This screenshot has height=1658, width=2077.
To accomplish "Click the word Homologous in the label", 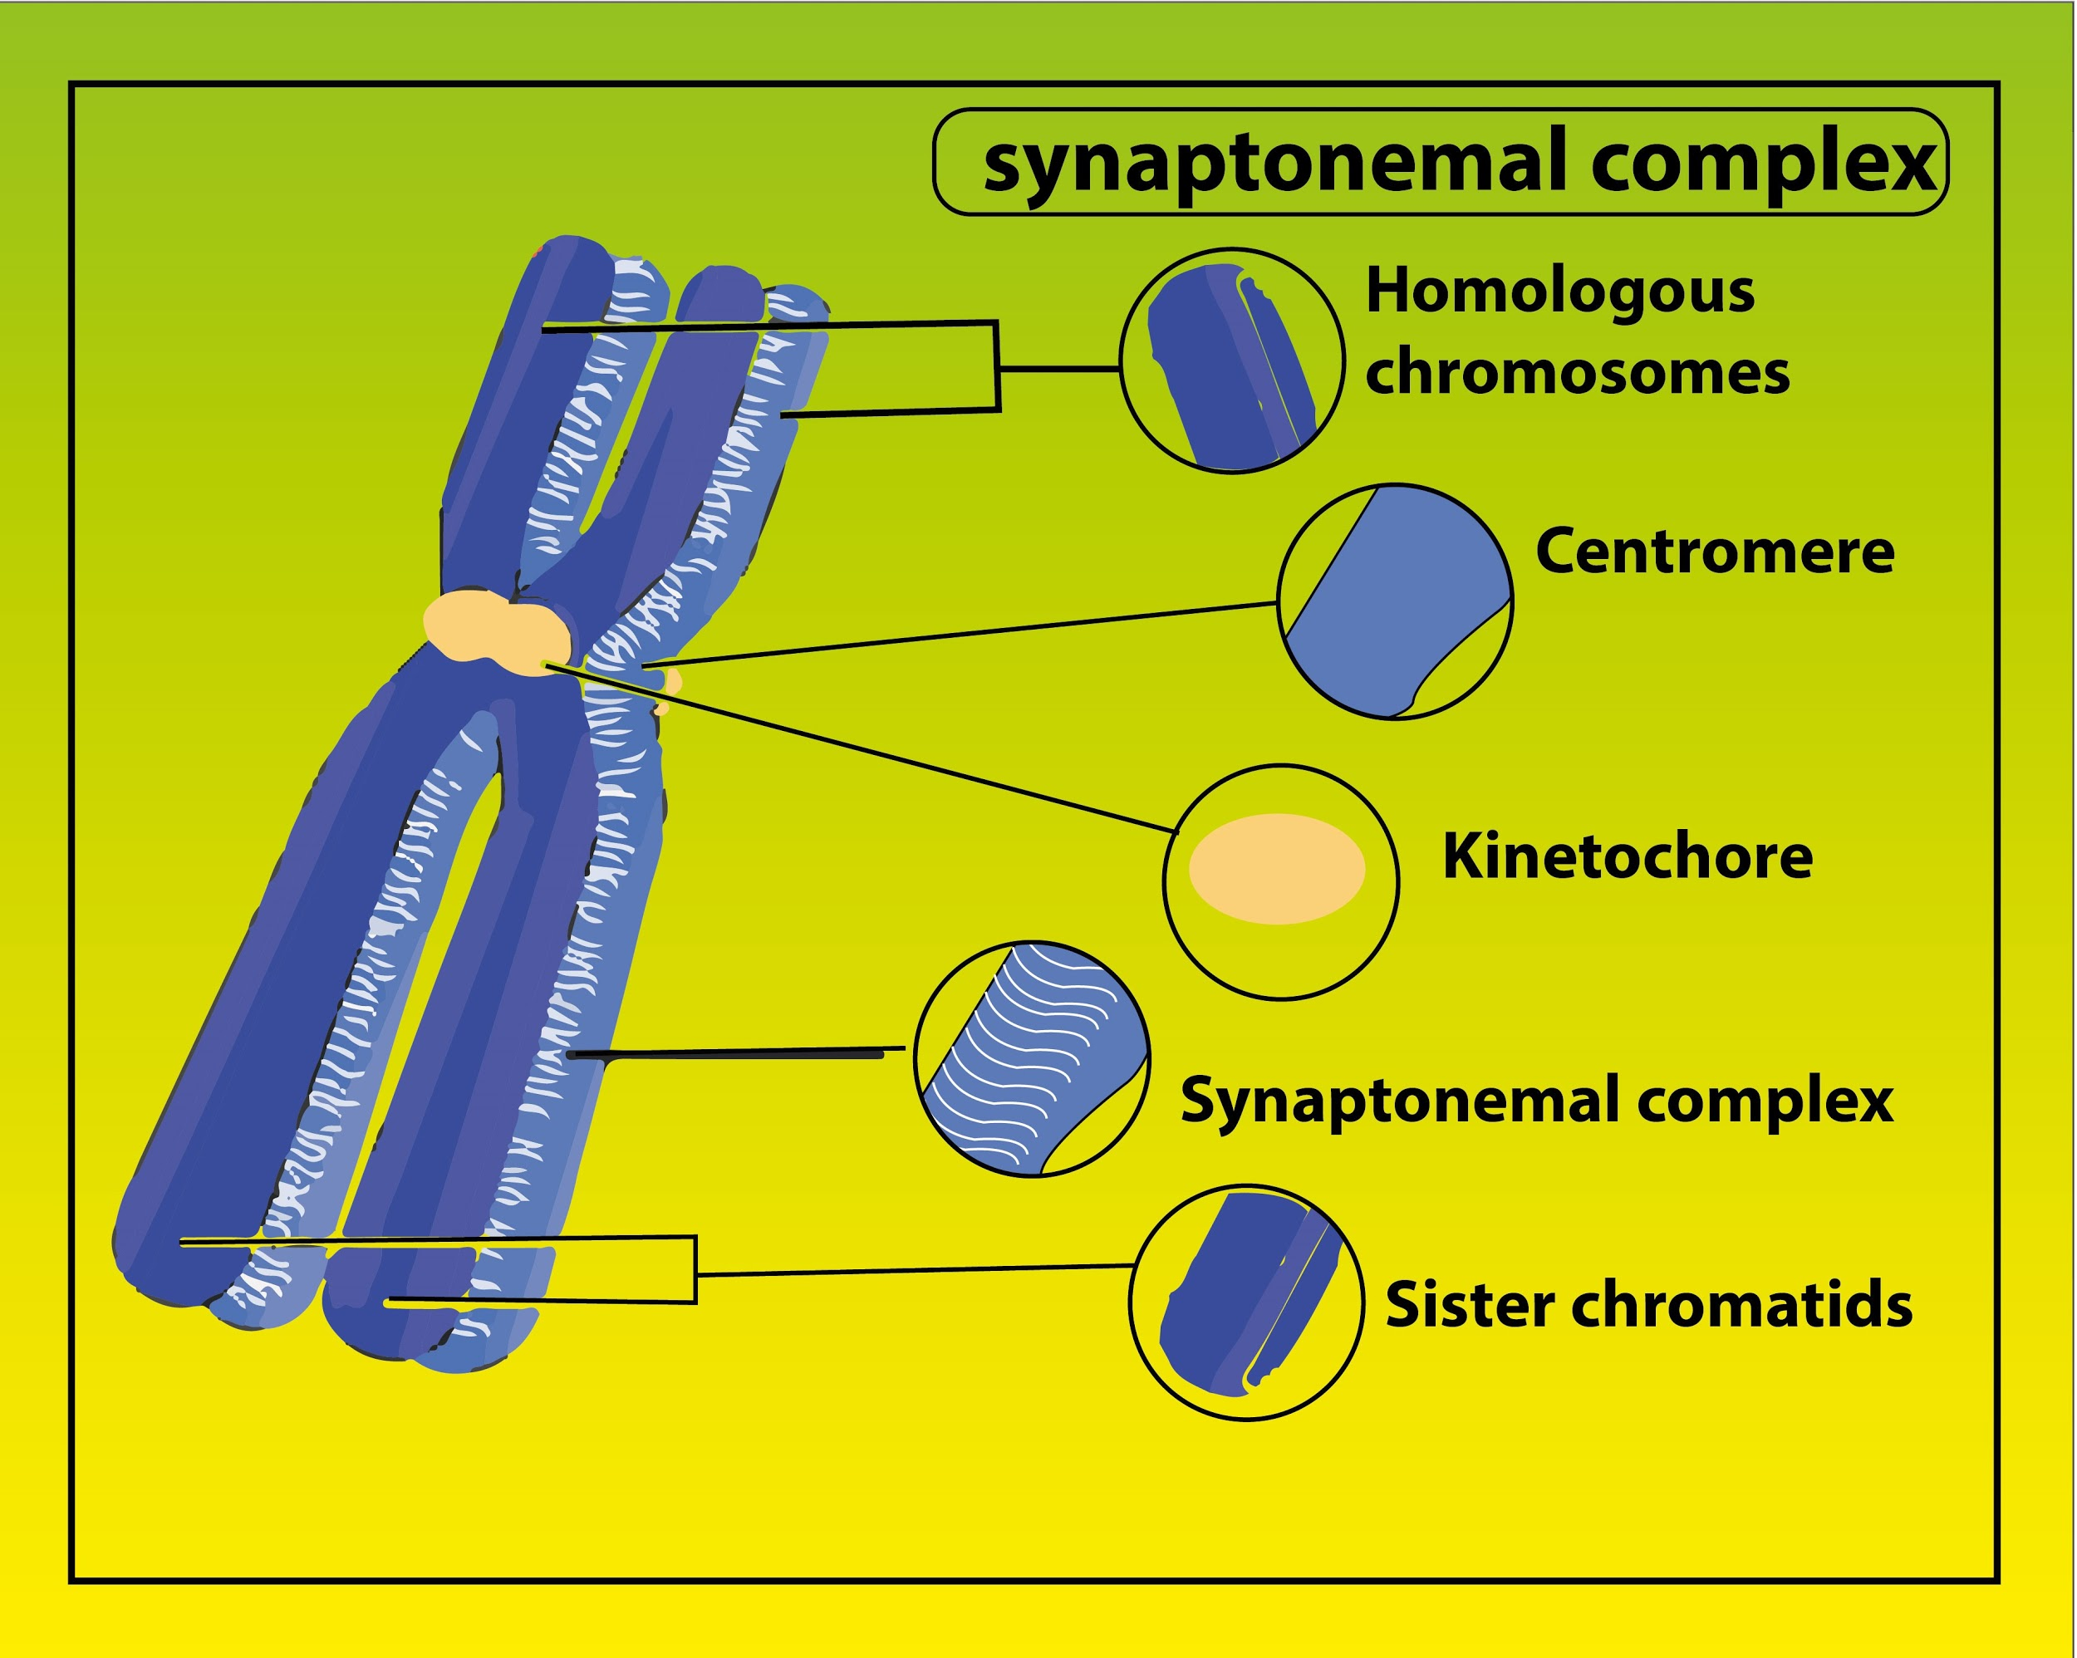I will (x=1559, y=292).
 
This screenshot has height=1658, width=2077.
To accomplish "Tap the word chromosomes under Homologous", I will (x=1577, y=374).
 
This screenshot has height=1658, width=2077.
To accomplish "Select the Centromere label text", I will (x=1714, y=552).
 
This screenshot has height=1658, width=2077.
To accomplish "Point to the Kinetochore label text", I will (x=1627, y=856).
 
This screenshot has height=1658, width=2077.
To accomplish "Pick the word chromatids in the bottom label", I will (x=1741, y=1306).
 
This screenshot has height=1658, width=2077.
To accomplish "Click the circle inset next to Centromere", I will (x=1394, y=601).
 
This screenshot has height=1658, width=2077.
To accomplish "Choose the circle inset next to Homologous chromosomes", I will (x=1231, y=361).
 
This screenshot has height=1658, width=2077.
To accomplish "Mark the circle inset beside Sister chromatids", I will (x=1245, y=1302).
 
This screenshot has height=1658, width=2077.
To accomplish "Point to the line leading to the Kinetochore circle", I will (x=867, y=748).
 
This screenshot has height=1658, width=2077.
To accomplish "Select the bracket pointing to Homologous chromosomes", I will (x=998, y=367).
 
